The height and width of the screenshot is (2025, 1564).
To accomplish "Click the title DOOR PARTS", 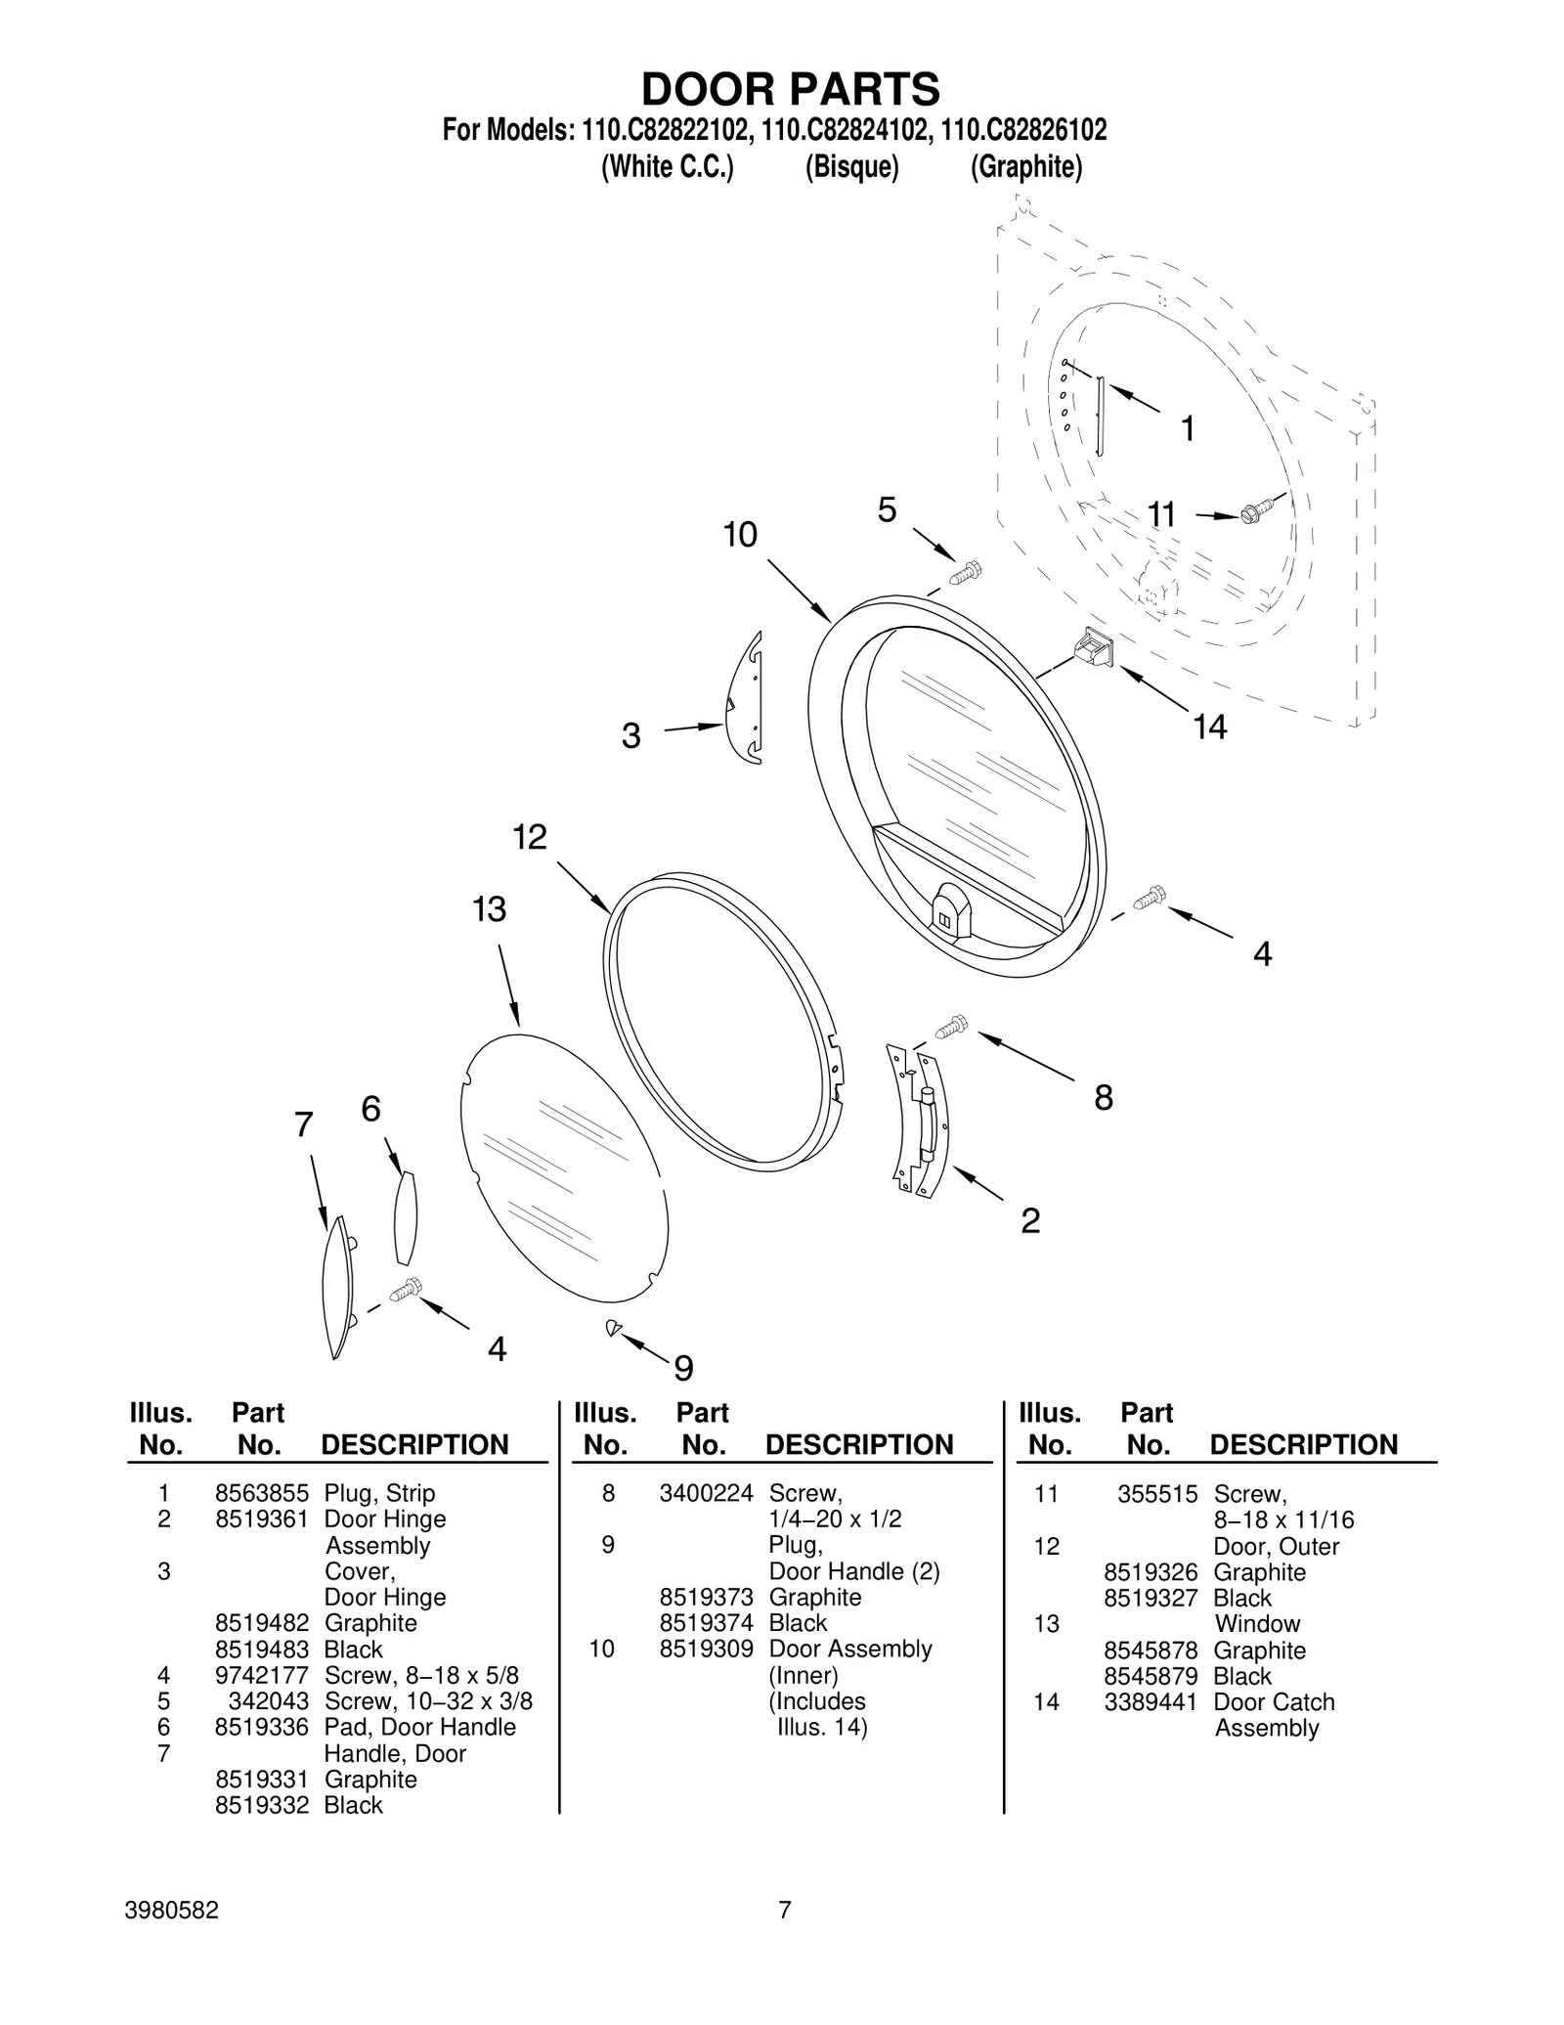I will pos(790,89).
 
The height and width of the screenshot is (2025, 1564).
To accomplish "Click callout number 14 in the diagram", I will pos(1209,726).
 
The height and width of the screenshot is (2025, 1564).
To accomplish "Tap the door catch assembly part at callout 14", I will pos(1096,647).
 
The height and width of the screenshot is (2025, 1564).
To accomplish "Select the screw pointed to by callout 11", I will pos(1257,513).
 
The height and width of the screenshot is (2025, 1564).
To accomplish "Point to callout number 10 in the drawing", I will pos(740,535).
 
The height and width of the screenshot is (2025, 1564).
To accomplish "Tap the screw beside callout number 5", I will pos(966,573).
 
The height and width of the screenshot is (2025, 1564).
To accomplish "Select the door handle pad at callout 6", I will pos(405,1217).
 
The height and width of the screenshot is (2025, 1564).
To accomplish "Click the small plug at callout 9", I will pos(612,1327).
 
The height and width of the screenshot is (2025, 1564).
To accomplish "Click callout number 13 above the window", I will pos(489,909).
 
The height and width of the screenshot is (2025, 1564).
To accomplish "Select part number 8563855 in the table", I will pos(261,1493).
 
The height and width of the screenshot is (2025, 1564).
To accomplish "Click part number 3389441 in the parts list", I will pos(1150,1701).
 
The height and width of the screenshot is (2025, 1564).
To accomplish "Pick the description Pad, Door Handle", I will pos(419,1727).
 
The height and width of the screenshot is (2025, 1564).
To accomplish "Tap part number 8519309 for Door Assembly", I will pos(706,1649).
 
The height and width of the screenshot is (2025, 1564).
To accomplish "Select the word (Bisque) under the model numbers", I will pos(850,167).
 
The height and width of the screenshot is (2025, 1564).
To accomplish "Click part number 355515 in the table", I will pos(1157,1494).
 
